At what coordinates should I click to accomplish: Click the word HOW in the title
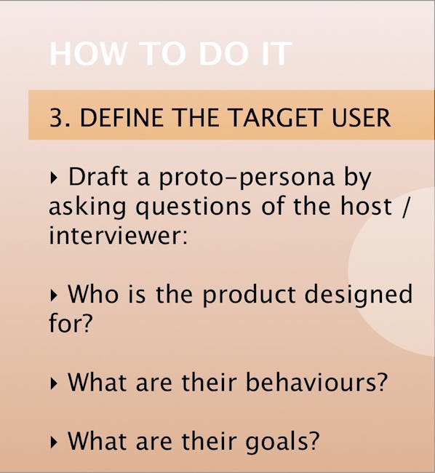pos(87,54)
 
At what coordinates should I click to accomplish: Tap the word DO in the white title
pos(222,54)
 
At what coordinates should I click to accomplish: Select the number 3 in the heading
pos(55,118)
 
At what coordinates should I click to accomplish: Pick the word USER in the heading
pos(361,118)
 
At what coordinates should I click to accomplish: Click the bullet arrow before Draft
pos(53,178)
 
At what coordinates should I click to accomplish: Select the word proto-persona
pos(247,178)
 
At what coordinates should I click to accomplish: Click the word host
pos(367,206)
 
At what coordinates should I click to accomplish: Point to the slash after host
pos(406,207)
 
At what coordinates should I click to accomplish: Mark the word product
pos(248,295)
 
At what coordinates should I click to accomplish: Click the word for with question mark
pos(70,322)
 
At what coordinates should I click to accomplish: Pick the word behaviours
pos(316,382)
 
